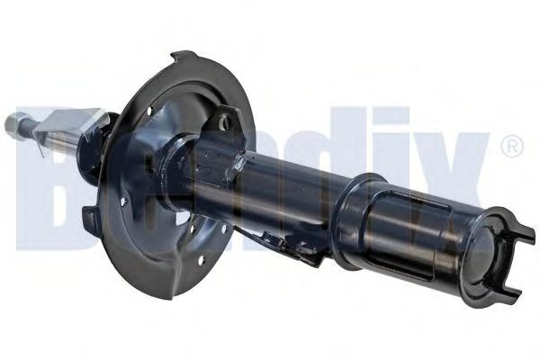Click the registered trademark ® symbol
click(510, 147)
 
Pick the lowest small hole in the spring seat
click(200, 261)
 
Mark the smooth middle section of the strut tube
click(288, 193)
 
